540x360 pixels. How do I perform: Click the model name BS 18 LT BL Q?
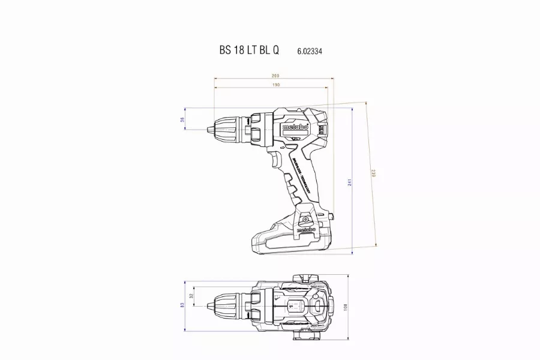pos(248,51)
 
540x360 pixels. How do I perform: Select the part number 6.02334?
pos(310,52)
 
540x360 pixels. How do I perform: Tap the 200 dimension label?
pos(275,76)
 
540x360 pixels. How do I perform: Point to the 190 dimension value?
pos(275,85)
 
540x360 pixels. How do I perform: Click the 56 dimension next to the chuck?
pos(182,120)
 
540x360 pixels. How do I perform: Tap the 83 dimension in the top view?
pos(182,305)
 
